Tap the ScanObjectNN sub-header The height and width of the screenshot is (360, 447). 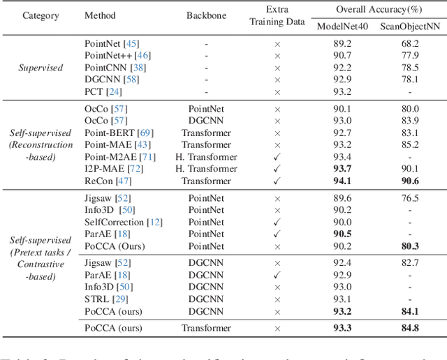click(x=409, y=26)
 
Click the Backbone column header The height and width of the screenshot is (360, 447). click(x=206, y=15)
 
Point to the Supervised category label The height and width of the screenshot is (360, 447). click(x=41, y=68)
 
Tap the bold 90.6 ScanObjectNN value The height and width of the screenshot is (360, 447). click(x=409, y=181)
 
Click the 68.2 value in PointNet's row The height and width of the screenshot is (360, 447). click(x=409, y=43)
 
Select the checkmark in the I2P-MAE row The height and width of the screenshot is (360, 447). click(x=277, y=169)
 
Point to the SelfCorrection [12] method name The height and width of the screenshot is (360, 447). click(x=123, y=222)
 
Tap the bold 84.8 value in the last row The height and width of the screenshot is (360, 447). click(x=409, y=328)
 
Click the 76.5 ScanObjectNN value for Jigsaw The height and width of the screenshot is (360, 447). click(x=409, y=198)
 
